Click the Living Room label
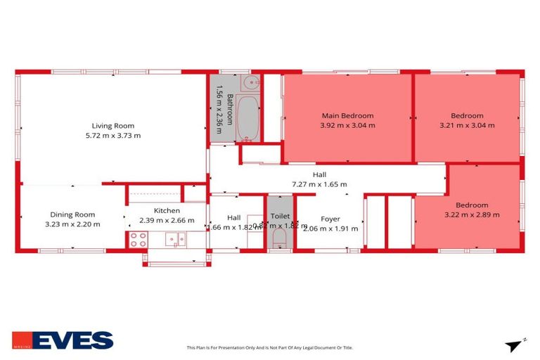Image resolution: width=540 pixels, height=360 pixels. pyautogui.click(x=112, y=126)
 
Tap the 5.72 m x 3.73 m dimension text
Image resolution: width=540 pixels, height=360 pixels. pyautogui.click(x=112, y=136)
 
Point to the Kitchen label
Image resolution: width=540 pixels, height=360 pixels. pyautogui.click(x=167, y=210)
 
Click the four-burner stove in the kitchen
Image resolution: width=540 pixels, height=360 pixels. pyautogui.click(x=138, y=240)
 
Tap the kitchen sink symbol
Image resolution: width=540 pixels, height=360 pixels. pyautogui.click(x=176, y=240)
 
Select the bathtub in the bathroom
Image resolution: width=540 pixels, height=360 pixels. pyautogui.click(x=247, y=118)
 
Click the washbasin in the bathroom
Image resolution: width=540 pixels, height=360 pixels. pyautogui.click(x=250, y=83)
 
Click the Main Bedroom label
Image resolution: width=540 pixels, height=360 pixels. pyautogui.click(x=347, y=115)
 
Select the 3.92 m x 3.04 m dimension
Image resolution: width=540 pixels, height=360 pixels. pyautogui.click(x=347, y=125)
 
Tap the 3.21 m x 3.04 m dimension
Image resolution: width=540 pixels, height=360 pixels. pyautogui.click(x=467, y=125)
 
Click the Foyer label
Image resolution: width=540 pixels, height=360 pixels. pyautogui.click(x=330, y=218)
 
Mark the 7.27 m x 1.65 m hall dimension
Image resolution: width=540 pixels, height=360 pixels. pyautogui.click(x=319, y=184)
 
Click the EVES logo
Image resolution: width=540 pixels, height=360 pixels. pyautogui.click(x=63, y=341)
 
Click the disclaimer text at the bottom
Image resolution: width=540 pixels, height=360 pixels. pyautogui.click(x=269, y=347)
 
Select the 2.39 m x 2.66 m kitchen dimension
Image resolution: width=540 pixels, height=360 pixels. pyautogui.click(x=167, y=220)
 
